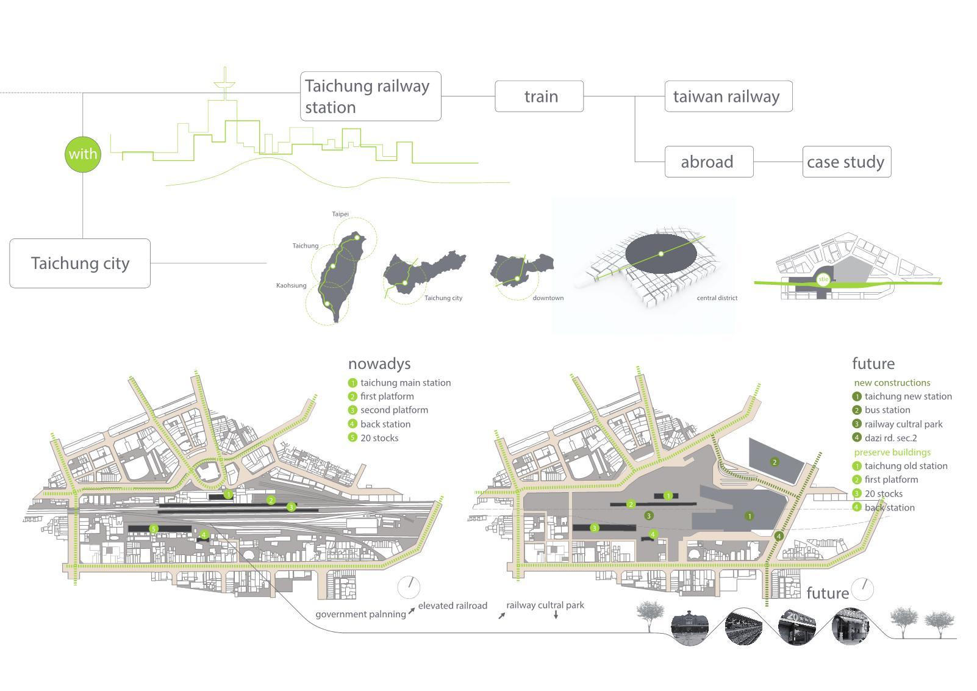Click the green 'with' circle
point(82,154)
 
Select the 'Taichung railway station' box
point(370,96)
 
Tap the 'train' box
point(539,96)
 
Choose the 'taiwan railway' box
point(728,96)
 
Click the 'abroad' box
point(708,162)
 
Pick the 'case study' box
point(846,162)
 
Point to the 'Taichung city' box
point(80,263)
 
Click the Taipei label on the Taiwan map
point(340,214)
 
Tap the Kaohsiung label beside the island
point(292,285)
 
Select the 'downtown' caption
point(548,298)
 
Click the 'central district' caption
point(717,298)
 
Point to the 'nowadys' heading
point(379,364)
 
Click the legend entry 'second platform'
point(394,410)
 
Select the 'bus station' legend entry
point(887,410)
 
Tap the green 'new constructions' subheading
point(892,383)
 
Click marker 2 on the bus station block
point(775,462)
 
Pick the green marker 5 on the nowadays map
point(154,529)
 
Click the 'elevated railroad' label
point(453,606)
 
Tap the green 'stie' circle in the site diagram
point(823,279)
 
